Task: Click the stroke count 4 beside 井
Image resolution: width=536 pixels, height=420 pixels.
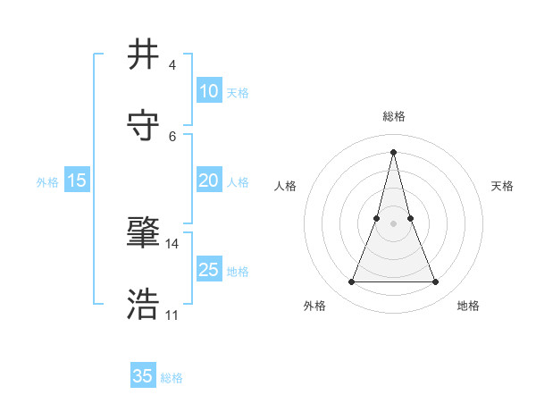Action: pyautogui.click(x=172, y=65)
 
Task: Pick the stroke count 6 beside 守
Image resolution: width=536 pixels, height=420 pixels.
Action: pyautogui.click(x=172, y=136)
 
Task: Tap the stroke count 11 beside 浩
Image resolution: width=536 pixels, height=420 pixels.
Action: pyautogui.click(x=172, y=315)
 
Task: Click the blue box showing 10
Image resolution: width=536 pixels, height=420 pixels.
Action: pyautogui.click(x=208, y=91)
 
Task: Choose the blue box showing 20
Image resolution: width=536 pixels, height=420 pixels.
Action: pyautogui.click(x=208, y=181)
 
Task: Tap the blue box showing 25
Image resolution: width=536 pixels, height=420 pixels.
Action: pyautogui.click(x=208, y=270)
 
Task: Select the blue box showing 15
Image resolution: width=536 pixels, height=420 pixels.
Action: pyautogui.click(x=77, y=181)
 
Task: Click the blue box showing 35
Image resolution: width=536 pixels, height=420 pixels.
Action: pyautogui.click(x=143, y=376)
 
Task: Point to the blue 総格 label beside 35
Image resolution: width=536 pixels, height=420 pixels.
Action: pyautogui.click(x=172, y=378)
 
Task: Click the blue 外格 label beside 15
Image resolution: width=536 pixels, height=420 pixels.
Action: pyautogui.click(x=47, y=182)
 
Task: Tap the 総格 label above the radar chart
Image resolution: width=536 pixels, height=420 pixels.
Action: pyautogui.click(x=393, y=116)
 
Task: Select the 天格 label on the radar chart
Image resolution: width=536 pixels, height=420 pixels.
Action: pyautogui.click(x=503, y=186)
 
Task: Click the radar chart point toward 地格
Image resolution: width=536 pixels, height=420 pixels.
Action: pyautogui.click(x=436, y=282)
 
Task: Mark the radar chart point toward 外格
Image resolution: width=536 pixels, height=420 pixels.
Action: pyautogui.click(x=351, y=282)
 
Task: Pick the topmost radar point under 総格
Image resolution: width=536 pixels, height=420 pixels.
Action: pyautogui.click(x=393, y=151)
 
